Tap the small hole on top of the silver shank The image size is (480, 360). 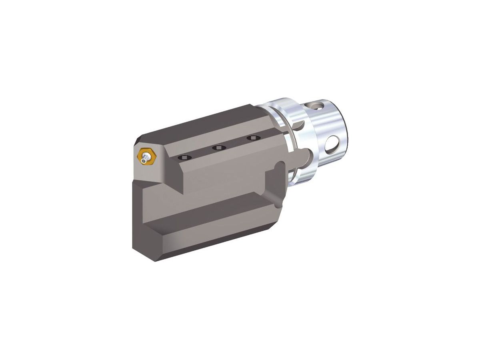(x=318, y=106)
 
